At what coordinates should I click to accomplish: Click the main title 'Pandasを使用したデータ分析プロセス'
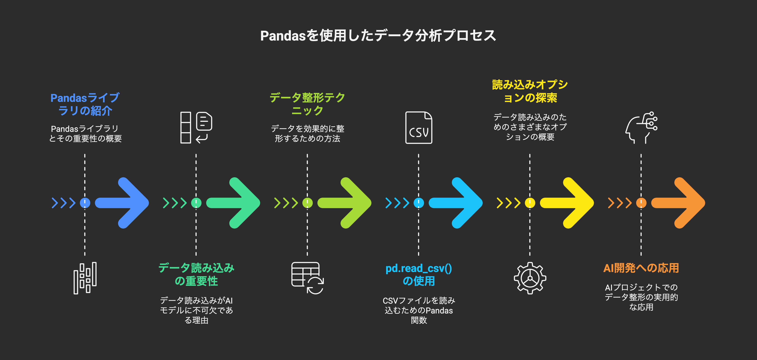pyautogui.click(x=378, y=36)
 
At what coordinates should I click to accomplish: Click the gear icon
pyautogui.click(x=530, y=278)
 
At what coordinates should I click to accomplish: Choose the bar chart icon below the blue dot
pyautogui.click(x=85, y=278)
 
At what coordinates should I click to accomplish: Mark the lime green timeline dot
pyautogui.click(x=307, y=203)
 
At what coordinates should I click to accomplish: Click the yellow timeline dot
pyautogui.click(x=530, y=203)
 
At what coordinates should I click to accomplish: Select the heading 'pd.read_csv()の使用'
pyautogui.click(x=418, y=275)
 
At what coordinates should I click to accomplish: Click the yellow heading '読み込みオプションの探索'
pyautogui.click(x=530, y=91)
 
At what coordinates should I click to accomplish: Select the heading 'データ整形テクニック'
pyautogui.click(x=307, y=104)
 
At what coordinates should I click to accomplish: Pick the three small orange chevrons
pyautogui.click(x=619, y=203)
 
